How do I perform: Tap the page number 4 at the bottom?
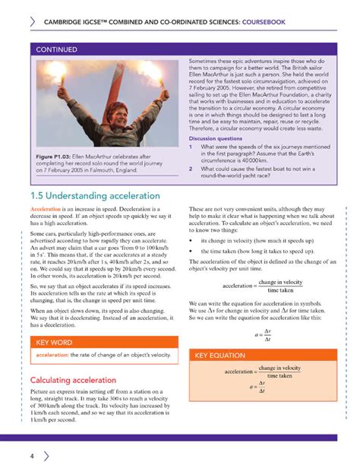(33, 456)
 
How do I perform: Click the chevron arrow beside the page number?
(47, 456)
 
